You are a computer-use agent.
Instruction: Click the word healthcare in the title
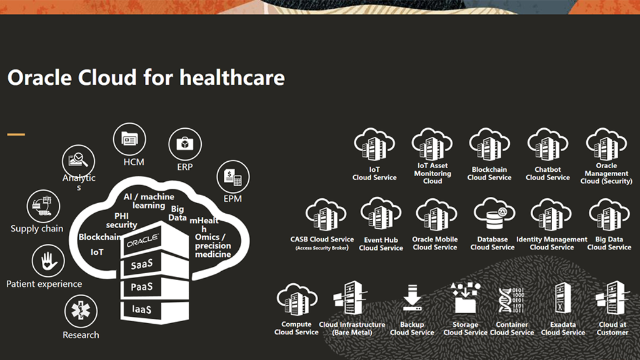[x=232, y=77]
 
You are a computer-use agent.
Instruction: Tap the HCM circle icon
[x=130, y=139]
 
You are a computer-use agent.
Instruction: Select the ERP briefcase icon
[x=185, y=144]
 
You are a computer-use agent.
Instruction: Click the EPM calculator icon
[x=232, y=177]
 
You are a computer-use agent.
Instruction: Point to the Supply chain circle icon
[x=43, y=206]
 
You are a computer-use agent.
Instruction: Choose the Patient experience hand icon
[x=48, y=261]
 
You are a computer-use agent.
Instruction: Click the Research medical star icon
[x=81, y=311]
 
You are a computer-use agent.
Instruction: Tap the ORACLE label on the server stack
[x=142, y=241]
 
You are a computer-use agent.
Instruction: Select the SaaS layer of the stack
[x=154, y=264]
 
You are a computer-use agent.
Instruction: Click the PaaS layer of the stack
[x=154, y=287]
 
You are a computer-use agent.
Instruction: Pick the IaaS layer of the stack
[x=154, y=310]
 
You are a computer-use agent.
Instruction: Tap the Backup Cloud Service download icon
[x=412, y=297]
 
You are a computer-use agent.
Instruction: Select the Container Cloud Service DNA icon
[x=511, y=300]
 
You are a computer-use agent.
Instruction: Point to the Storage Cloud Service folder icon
[x=465, y=297]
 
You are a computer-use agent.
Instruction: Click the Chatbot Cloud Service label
[x=547, y=174]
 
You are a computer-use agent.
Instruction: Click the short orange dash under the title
[x=16, y=134]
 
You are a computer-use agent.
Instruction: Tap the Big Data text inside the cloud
[x=177, y=213]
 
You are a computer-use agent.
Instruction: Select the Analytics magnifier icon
[x=78, y=161]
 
